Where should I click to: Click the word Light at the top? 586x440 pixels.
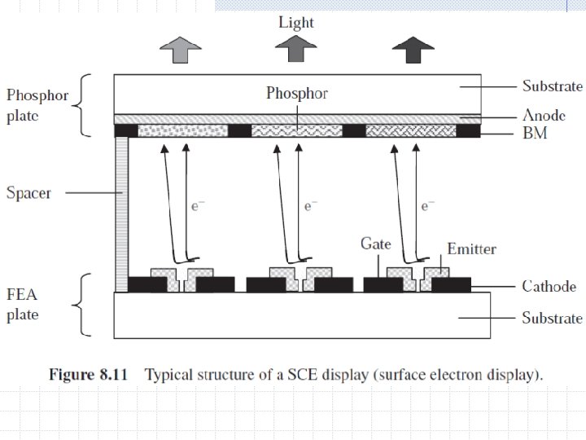click(295, 22)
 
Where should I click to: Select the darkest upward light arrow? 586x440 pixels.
click(409, 51)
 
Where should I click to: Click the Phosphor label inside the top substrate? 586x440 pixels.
click(297, 94)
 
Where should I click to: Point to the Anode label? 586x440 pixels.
click(544, 116)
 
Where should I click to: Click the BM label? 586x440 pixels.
click(534, 133)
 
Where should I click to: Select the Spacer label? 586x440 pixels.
click(28, 194)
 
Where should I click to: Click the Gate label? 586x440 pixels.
click(375, 244)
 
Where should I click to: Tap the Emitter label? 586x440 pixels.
click(471, 249)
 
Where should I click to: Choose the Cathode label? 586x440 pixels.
click(549, 286)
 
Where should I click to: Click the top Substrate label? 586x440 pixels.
click(552, 86)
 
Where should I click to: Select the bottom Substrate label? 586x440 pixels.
click(552, 318)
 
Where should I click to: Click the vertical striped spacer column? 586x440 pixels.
click(121, 212)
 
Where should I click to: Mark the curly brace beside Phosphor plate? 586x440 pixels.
click(84, 104)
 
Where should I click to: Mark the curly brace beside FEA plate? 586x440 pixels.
click(80, 305)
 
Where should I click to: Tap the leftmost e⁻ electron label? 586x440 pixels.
click(195, 207)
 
